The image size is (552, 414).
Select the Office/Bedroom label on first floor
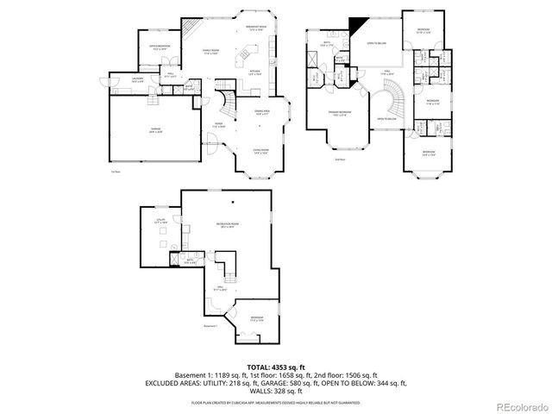click(160, 46)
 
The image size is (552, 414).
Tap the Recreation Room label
click(227, 226)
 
